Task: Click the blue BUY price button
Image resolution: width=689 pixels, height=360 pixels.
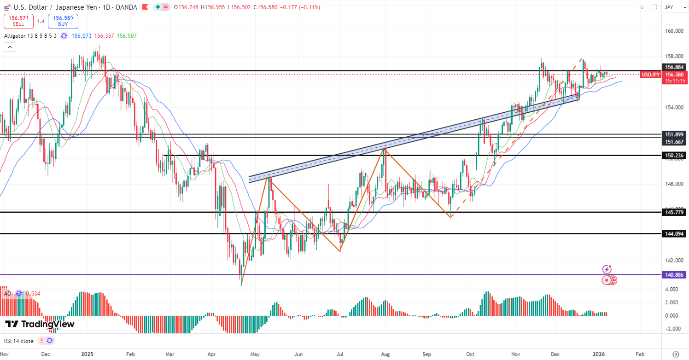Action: click(x=63, y=21)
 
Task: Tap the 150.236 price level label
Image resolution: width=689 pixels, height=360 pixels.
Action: click(x=673, y=156)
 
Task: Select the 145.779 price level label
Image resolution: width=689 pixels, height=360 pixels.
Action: click(x=673, y=212)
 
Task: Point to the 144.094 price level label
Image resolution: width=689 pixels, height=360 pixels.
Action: click(x=673, y=234)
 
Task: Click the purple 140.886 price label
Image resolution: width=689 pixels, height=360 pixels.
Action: click(x=673, y=275)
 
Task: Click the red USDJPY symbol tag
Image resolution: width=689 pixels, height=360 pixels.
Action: click(x=651, y=74)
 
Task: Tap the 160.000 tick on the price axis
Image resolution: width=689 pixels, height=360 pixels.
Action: click(x=673, y=31)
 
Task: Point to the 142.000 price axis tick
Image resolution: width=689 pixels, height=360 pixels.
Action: click(x=673, y=260)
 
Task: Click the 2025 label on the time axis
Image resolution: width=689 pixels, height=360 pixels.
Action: click(x=87, y=354)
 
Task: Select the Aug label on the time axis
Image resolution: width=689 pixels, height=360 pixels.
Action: click(x=385, y=354)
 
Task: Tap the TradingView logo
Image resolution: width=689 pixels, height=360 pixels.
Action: click(x=40, y=324)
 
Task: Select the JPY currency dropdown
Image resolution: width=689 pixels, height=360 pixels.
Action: click(x=674, y=7)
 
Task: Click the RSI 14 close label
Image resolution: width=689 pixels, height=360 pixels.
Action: click(x=19, y=341)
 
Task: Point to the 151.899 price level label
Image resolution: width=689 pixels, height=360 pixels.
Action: click(x=673, y=134)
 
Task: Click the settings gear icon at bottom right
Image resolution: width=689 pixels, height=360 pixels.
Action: click(x=675, y=354)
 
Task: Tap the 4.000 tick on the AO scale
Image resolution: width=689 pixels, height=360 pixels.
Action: click(x=671, y=289)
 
